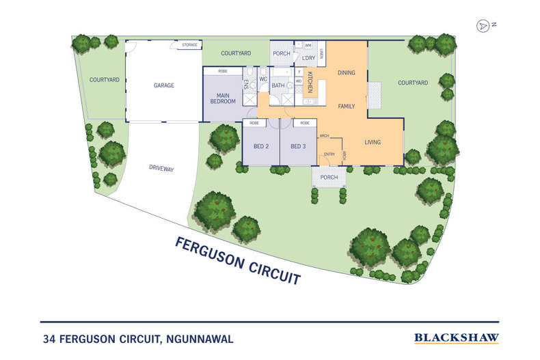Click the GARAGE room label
pyautogui.click(x=163, y=86)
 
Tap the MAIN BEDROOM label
pyautogui.click(x=222, y=98)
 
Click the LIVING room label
pyautogui.click(x=372, y=142)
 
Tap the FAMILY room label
pyautogui.click(x=349, y=107)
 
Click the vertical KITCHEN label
pyautogui.click(x=309, y=82)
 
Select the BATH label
pyautogui.click(x=278, y=85)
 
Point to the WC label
pyautogui.click(x=262, y=78)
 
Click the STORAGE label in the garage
pyautogui.click(x=189, y=45)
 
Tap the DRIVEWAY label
pyautogui.click(x=161, y=167)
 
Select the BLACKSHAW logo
pyautogui.click(x=457, y=337)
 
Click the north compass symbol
pyautogui.click(x=484, y=25)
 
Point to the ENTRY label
pyautogui.click(x=329, y=154)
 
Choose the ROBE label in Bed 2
pyautogui.click(x=254, y=124)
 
